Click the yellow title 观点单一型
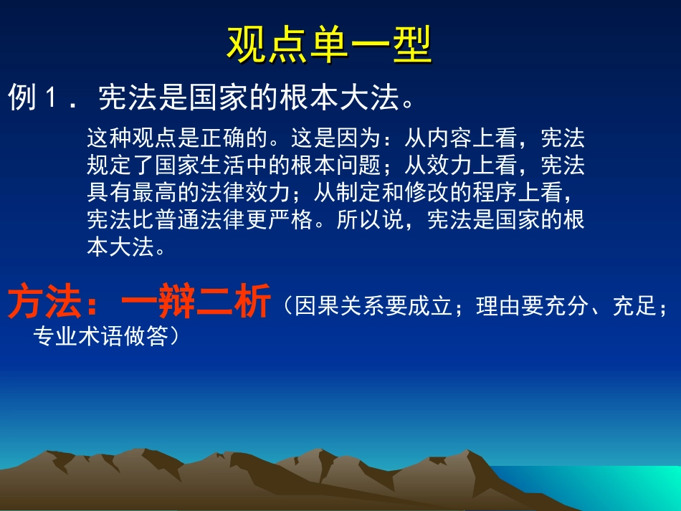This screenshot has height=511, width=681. pos(329,46)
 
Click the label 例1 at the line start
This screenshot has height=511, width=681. pos(33,98)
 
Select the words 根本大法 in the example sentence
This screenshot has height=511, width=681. pos(339,98)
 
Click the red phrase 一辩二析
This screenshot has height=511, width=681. pos(196,302)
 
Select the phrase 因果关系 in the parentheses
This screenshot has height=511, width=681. pos(333,306)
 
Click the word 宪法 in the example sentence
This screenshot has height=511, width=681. pos(121,98)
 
